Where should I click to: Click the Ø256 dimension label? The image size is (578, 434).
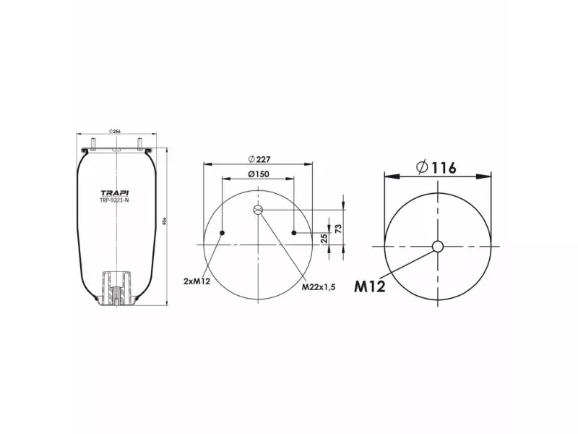pos(113,130)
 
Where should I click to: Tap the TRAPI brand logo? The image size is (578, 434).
pos(113,192)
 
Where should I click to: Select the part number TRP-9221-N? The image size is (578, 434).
pos(113,201)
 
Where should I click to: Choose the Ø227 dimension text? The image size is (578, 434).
pos(259,158)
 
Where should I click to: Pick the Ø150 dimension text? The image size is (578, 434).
pos(258,174)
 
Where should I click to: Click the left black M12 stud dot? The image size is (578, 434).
pos(223,232)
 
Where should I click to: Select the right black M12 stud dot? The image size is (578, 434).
pos(295,232)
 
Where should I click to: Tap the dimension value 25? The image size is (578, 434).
pos(325,237)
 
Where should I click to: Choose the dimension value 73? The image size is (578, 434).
pos(338,229)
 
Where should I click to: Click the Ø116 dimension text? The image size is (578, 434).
pos(436,167)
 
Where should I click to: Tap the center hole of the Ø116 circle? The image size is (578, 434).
pos(438,247)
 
